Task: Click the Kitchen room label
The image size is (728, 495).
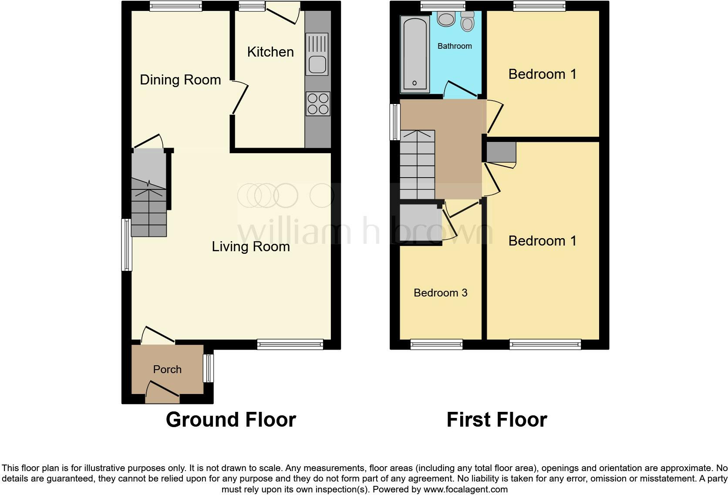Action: coord(270,52)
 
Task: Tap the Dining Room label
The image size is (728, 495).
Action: coord(180,80)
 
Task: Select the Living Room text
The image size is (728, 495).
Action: coord(251,246)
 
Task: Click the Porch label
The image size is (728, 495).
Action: coord(167,369)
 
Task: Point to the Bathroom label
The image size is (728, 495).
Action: coord(455,46)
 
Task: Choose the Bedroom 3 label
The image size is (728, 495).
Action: coord(440,293)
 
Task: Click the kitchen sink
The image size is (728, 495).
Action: coord(317,54)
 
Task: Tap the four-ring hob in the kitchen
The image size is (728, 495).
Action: coord(318,104)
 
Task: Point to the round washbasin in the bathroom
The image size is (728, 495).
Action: coord(446,19)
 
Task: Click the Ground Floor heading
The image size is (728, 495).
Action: coord(231,420)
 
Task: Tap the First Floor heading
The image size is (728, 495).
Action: coord(496,420)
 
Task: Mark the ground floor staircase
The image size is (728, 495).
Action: coord(149,205)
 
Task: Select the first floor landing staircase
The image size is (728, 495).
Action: coord(417,165)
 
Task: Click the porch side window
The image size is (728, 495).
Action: coord(209,368)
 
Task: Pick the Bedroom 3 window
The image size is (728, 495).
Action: coord(436,345)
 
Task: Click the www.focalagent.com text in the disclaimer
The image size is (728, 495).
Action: coord(465,489)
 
